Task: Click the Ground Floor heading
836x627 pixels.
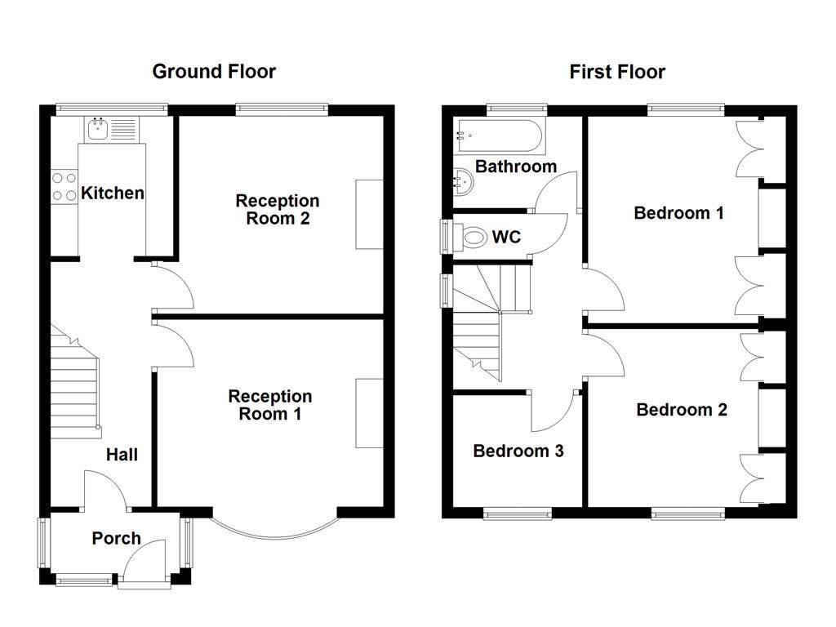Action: point(214,72)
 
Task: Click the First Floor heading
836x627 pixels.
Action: point(617,72)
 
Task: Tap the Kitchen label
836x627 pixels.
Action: point(113,193)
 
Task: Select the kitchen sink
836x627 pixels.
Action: point(111,129)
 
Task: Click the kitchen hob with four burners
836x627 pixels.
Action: point(64,187)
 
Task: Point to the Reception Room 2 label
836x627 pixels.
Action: point(278,210)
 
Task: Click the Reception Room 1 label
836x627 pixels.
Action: point(269,405)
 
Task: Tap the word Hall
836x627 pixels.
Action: point(122,455)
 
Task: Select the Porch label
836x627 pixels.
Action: point(116,539)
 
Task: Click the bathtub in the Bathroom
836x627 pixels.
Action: point(498,136)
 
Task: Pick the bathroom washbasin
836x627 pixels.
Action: point(463,182)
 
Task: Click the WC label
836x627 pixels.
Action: point(506,237)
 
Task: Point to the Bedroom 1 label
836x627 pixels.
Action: point(678,213)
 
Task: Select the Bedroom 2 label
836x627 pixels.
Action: point(682,410)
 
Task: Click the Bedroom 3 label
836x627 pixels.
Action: point(518,451)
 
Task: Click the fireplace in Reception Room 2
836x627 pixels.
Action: point(370,215)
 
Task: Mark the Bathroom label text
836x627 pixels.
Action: point(516,167)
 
